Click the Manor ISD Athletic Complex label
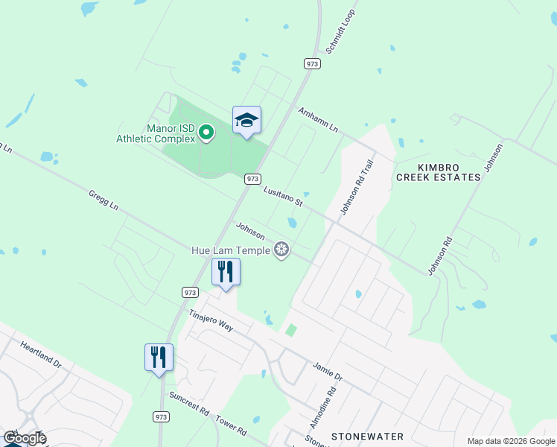(156, 133)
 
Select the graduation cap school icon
(246, 121)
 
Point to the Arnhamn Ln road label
(318, 120)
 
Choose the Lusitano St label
(284, 197)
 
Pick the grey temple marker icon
(281, 250)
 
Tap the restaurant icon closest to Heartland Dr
(159, 358)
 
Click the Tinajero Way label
(211, 321)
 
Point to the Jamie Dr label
(328, 372)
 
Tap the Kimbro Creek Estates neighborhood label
(438, 171)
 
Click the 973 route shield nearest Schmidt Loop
(313, 64)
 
